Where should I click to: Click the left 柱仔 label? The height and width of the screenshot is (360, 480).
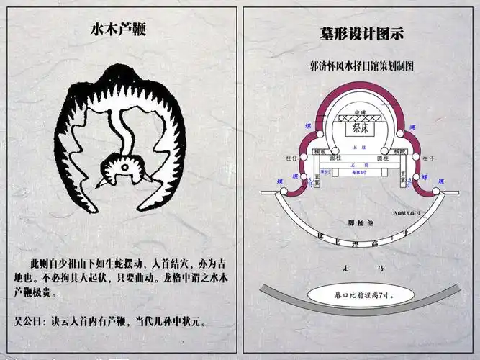point(291,156)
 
